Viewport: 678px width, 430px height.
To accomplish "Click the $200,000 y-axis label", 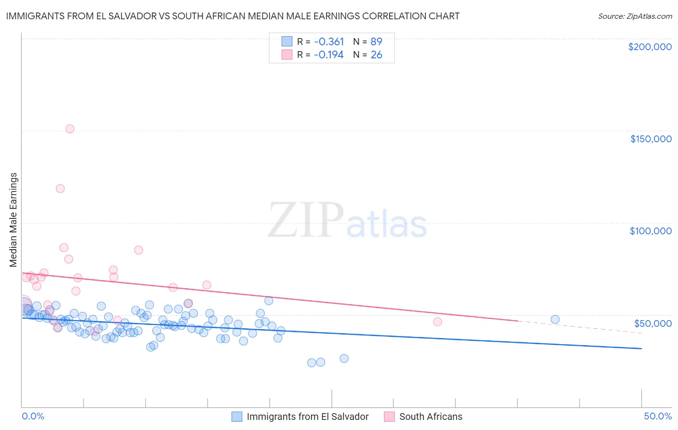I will [650, 47].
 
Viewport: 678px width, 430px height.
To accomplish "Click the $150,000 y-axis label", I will [651, 139].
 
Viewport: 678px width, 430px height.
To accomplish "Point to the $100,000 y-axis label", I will [651, 231].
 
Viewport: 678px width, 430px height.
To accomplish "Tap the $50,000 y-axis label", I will [652, 323].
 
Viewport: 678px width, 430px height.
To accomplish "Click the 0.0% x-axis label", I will [33, 416].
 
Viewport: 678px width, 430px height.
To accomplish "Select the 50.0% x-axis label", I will [658, 416].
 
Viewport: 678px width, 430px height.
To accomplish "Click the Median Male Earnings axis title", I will [14, 220].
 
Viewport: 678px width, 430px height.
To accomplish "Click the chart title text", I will [232, 16].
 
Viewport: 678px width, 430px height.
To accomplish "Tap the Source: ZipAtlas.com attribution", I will [635, 16].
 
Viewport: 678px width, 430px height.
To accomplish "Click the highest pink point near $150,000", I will [70, 129].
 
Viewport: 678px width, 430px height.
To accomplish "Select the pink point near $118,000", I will [60, 188].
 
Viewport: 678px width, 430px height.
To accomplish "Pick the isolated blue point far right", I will [555, 319].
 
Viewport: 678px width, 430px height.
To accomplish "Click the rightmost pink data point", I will [437, 322].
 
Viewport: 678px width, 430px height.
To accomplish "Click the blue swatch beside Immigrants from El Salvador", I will [237, 417].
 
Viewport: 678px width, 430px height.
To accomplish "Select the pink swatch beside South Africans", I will [389, 417].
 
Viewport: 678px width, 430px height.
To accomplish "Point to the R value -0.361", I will [328, 41].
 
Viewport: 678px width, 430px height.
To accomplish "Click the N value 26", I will [376, 55].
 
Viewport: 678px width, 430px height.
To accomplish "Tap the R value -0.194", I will [328, 55].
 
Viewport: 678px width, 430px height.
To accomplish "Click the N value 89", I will [376, 41].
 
